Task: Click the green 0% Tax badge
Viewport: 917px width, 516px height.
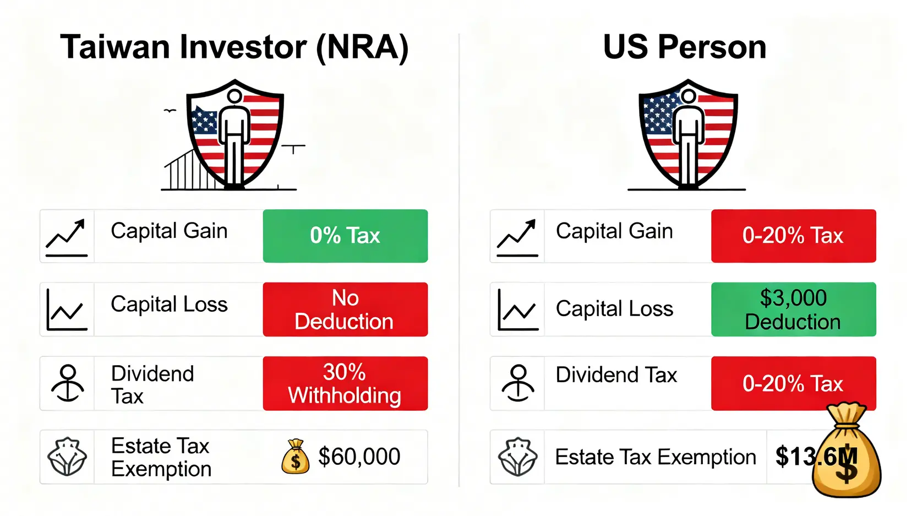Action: [x=345, y=236]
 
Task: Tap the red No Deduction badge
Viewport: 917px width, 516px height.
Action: [x=345, y=309]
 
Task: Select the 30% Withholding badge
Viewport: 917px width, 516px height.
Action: [x=345, y=383]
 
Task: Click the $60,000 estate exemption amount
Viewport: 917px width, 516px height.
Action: [x=359, y=456]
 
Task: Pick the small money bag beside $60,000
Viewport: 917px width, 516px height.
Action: [x=295, y=457]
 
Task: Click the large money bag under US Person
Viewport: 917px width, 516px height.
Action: [x=846, y=450]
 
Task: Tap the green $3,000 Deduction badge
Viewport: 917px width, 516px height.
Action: [x=793, y=309]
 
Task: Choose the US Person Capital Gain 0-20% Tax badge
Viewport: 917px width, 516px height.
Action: [x=793, y=236]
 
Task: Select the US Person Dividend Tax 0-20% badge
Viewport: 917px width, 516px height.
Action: [x=793, y=383]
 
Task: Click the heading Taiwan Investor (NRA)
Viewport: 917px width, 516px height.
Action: [x=234, y=47]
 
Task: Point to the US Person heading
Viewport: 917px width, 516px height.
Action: [x=685, y=47]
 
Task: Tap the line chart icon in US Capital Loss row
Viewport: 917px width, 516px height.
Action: [x=518, y=309]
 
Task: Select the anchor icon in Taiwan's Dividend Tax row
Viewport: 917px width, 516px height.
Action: [x=68, y=383]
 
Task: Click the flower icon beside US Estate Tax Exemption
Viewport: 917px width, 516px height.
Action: [x=518, y=457]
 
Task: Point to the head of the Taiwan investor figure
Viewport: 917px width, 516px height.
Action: [x=234, y=97]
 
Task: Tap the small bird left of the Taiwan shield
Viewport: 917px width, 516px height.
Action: [x=170, y=111]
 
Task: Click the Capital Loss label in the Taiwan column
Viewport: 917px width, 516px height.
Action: [x=169, y=304]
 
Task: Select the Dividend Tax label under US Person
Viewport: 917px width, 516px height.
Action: [x=616, y=374]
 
